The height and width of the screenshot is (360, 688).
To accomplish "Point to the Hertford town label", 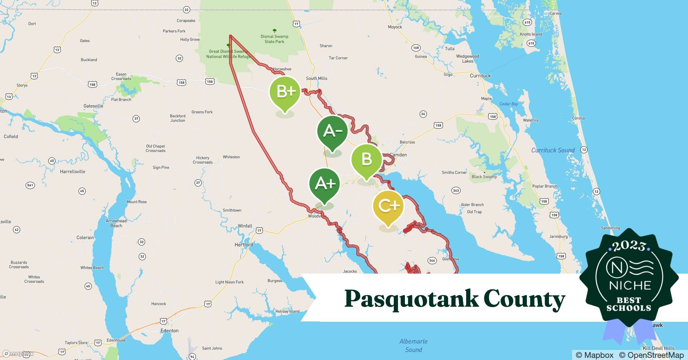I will pos(244,245).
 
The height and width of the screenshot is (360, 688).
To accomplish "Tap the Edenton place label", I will pos(169,330).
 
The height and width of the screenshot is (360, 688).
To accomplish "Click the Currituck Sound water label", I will pos(553,150).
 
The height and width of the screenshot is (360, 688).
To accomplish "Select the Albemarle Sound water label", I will pos(414,345).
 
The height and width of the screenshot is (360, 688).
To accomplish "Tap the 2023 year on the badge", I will pos(629,246).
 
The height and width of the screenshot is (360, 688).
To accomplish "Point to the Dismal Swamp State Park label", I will pos(274,39).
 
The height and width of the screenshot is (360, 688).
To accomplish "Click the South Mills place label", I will pos(317,78).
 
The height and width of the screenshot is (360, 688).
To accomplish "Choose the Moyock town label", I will pos(395,27).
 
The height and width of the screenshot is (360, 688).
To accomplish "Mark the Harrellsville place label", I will pos(72,171).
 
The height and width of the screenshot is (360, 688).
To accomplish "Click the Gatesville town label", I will pos(93,106).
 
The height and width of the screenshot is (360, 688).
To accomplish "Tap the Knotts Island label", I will pos(531,34).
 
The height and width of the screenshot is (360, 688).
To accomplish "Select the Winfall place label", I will pos(245,226).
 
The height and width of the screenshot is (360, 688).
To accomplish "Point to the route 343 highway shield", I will pos(456,190).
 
